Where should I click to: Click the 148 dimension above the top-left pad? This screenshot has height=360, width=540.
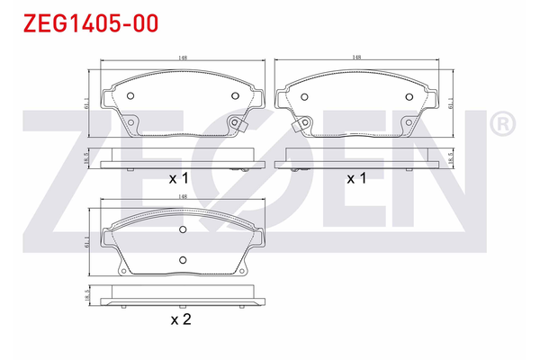[x=183, y=58]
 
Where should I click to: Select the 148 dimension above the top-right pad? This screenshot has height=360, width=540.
[x=357, y=58]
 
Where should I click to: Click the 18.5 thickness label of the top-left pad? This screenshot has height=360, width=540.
[x=86, y=158]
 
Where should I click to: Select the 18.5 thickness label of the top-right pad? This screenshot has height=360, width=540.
[x=448, y=158]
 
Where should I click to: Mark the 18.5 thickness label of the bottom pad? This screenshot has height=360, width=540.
[x=86, y=295]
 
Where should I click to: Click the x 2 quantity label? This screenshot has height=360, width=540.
[x=182, y=318]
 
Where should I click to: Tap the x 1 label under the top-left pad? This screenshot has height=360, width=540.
[x=178, y=178]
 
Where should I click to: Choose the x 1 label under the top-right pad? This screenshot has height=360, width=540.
[x=357, y=178]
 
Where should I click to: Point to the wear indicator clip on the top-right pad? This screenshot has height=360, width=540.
[x=300, y=126]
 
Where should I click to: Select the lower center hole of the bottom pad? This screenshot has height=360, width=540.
[x=183, y=260]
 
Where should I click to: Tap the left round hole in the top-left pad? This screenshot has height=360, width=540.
[x=130, y=96]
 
